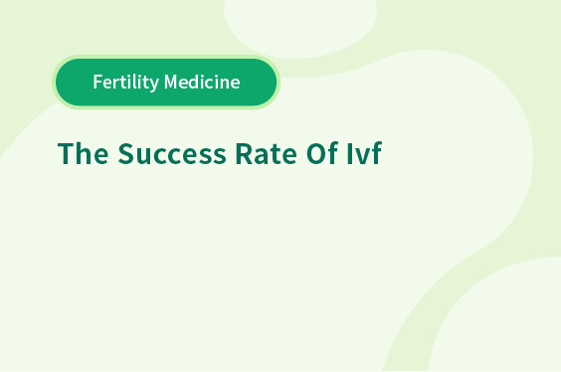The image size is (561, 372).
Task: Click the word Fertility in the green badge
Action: pyautogui.click(x=126, y=83)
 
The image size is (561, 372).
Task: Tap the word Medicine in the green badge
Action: pyautogui.click(x=202, y=82)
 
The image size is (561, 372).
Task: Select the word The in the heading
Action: pyautogui.click(x=83, y=153)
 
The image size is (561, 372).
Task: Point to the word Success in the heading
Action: pyautogui.click(x=172, y=154)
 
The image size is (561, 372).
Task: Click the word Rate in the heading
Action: pyautogui.click(x=267, y=154)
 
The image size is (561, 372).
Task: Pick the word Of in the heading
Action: pyautogui.click(x=322, y=153)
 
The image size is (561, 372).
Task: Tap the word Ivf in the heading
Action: pyautogui.click(x=365, y=153)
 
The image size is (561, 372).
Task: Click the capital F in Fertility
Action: pyautogui.click(x=98, y=82)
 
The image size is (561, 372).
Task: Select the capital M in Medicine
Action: pyautogui.click(x=171, y=82)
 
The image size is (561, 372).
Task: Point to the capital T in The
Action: pyautogui.click(x=67, y=153)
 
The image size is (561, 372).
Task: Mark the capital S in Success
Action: pyautogui.click(x=126, y=154)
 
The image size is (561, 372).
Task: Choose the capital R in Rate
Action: pyautogui.click(x=244, y=153)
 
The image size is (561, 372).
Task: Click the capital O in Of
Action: pyautogui.click(x=316, y=154)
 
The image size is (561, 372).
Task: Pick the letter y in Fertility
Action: pyautogui.click(x=153, y=86)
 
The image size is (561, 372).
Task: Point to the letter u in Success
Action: pyautogui.click(x=143, y=157)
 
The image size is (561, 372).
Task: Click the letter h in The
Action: pyautogui.click(x=85, y=153)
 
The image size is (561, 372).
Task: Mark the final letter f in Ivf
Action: pyautogui.click(x=377, y=153)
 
